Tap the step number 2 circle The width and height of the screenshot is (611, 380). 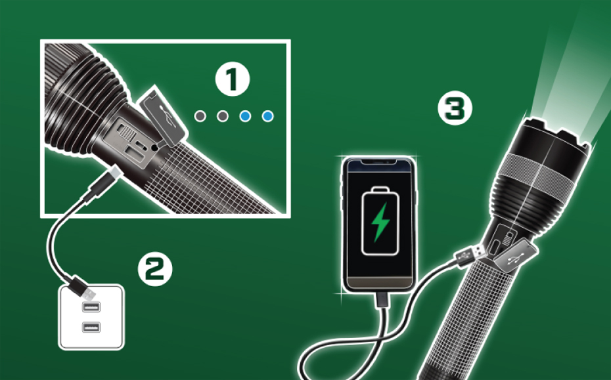(155, 269)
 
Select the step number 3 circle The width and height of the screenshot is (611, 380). (455, 108)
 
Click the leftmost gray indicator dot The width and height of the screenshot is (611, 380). (200, 116)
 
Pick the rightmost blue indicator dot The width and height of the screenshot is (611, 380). (267, 116)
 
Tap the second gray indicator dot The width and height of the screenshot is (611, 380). (223, 116)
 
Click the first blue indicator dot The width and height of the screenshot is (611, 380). (245, 116)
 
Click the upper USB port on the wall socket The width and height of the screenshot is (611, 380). (91, 306)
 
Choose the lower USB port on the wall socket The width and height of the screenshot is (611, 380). (91, 327)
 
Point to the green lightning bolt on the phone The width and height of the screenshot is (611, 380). (380, 222)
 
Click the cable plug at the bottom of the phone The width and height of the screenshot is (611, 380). (382, 300)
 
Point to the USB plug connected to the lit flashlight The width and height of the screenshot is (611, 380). (470, 255)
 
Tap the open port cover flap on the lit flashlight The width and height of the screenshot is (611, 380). (516, 255)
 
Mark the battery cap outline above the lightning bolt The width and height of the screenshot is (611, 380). (380, 190)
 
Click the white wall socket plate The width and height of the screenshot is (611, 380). (91, 317)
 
